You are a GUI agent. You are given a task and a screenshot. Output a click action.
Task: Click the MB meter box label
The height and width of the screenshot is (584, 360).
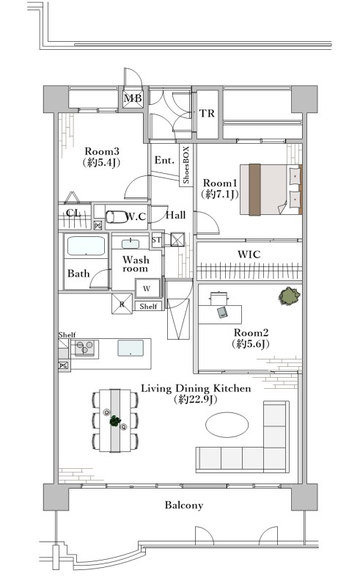coord(133,98)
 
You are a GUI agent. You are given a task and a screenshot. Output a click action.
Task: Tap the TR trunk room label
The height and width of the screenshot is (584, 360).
coord(207,113)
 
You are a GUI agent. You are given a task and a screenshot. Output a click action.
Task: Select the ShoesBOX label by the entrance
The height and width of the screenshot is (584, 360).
coord(186,164)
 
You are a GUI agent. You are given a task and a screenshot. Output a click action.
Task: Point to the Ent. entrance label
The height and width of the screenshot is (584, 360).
coord(164,160)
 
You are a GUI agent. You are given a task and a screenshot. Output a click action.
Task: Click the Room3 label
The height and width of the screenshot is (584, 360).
coord(102,151)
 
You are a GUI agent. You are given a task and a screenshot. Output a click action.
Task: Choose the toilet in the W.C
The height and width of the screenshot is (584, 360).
coord(117,216)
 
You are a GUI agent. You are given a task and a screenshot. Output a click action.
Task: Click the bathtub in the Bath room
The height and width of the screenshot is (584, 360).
coord(86,246)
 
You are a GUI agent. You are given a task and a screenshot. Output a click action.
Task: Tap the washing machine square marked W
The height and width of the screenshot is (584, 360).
coord(147,288)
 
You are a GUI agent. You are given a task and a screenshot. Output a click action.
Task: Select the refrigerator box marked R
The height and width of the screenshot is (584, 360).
coord(122,304)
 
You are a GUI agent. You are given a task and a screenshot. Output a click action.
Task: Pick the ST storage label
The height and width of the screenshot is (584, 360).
coord(157,240)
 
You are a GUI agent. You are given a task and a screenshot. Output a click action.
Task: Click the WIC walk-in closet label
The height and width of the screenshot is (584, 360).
coord(249,255)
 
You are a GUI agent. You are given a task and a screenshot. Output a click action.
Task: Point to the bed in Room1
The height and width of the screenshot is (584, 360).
coord(271,189)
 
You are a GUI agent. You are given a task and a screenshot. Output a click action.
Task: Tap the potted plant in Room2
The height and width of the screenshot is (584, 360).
coord(290,296)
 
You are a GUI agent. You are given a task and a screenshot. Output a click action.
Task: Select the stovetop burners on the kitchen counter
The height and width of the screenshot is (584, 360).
coord(85,348)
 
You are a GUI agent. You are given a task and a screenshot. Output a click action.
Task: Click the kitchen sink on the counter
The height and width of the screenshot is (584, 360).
coord(131,348)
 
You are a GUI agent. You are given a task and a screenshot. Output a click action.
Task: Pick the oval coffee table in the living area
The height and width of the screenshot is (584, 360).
coord(227,425)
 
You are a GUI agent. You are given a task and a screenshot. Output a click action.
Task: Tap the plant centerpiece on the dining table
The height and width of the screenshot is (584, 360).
coord(115,421)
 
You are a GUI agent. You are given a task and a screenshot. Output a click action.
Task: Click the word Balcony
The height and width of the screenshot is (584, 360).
coord(184,505)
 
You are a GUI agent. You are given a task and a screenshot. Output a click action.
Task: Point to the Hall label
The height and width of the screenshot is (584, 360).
coord(175,215)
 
